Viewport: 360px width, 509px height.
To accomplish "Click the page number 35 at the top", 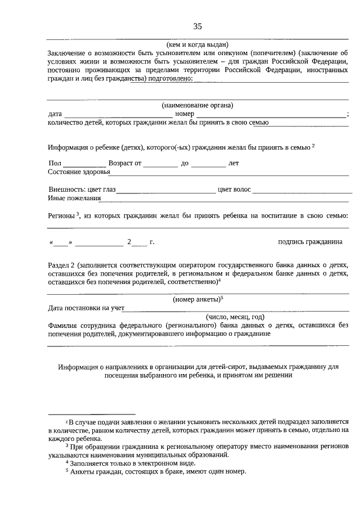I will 197,26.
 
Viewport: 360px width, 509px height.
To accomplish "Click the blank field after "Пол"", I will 81,164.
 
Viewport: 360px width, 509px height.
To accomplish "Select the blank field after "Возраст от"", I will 160,164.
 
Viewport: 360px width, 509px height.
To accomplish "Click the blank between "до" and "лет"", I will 208,164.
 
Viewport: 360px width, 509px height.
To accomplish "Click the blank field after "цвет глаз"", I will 166,190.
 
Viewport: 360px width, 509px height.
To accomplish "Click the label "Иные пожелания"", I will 74,198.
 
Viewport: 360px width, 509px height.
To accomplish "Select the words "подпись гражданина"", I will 310,242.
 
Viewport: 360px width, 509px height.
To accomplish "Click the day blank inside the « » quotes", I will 61,242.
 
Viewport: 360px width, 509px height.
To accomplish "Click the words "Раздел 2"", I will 62,263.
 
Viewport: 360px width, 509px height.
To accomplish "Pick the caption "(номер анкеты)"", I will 197,299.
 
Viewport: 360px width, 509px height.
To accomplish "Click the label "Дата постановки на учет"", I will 86,308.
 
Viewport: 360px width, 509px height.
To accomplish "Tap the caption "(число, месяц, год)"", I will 235,316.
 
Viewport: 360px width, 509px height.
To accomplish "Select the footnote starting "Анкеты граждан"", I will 157,471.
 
